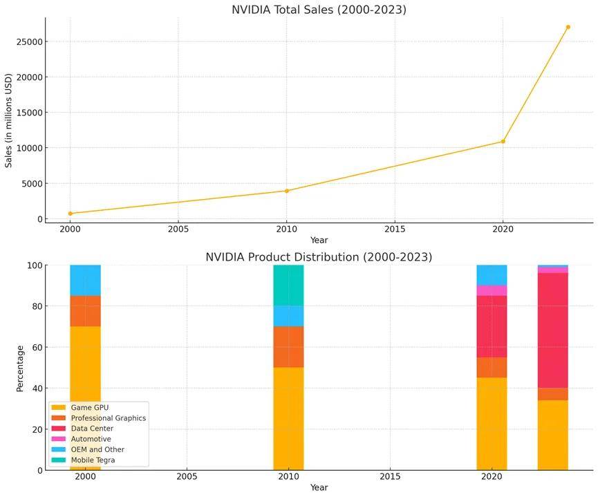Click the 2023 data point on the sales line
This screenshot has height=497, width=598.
pyautogui.click(x=568, y=27)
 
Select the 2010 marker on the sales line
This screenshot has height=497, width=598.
pyautogui.click(x=287, y=191)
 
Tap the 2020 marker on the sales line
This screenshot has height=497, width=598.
pyautogui.click(x=503, y=142)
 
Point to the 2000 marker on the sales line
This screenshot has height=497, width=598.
pyautogui.click(x=70, y=214)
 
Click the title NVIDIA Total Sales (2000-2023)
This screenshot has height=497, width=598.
pyautogui.click(x=319, y=10)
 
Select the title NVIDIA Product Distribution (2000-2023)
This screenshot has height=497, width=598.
pyautogui.click(x=319, y=257)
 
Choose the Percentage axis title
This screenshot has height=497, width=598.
pyautogui.click(x=20, y=368)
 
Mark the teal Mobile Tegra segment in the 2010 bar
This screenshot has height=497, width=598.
pyautogui.click(x=288, y=285)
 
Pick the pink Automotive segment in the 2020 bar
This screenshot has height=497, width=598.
pyautogui.click(x=492, y=290)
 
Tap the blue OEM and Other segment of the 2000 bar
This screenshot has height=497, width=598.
pyautogui.click(x=85, y=280)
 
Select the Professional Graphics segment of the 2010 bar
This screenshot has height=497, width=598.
pyautogui.click(x=288, y=346)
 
